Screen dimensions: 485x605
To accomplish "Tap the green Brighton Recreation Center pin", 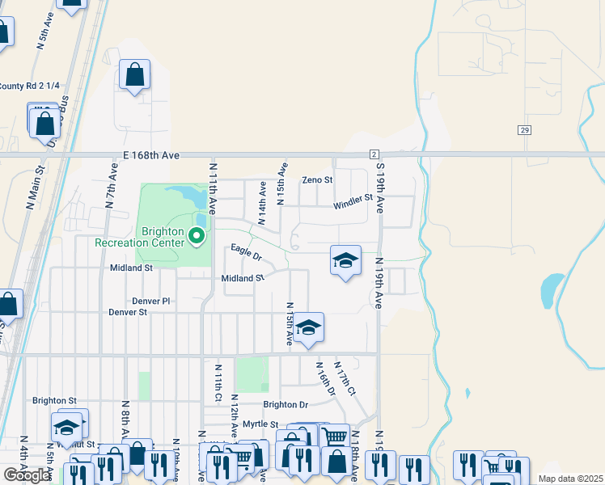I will pyautogui.click(x=196, y=237).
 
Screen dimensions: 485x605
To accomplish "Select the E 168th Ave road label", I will pyautogui.click(x=150, y=154).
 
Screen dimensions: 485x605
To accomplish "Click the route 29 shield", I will pyautogui.click(x=525, y=129).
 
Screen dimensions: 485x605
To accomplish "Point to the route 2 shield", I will pyautogui.click(x=374, y=154).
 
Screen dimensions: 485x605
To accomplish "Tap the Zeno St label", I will pyautogui.click(x=317, y=179).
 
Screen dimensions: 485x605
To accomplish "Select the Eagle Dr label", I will pyautogui.click(x=247, y=252).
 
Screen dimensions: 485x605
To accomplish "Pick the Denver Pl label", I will pyautogui.click(x=151, y=301).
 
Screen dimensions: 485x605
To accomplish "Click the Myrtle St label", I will pyautogui.click(x=260, y=424).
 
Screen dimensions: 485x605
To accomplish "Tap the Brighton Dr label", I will pyautogui.click(x=286, y=404).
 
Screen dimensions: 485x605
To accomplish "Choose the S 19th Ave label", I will pyautogui.click(x=380, y=187).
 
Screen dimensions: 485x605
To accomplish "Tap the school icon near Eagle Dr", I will pyautogui.click(x=345, y=261).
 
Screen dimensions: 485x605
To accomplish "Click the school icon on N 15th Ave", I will pyautogui.click(x=308, y=327).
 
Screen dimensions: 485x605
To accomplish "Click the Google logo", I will pyautogui.click(x=27, y=475).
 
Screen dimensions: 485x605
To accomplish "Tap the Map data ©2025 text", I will pyautogui.click(x=570, y=479).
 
